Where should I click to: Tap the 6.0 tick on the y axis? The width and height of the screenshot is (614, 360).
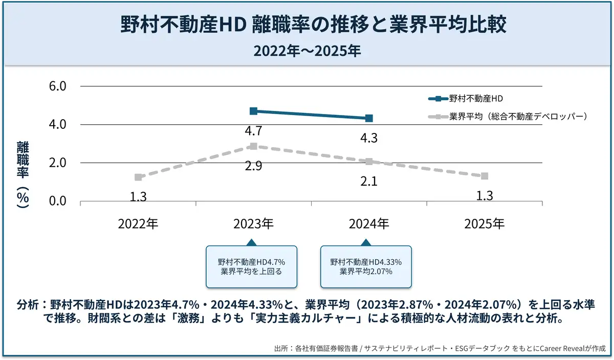click(57, 86)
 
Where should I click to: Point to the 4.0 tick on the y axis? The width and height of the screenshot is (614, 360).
click(57, 124)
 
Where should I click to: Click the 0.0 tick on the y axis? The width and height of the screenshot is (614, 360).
click(57, 201)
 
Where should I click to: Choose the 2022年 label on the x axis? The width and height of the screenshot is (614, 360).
click(138, 224)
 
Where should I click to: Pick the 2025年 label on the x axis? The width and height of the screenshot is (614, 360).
click(484, 224)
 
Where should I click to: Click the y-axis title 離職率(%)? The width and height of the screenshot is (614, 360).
click(23, 174)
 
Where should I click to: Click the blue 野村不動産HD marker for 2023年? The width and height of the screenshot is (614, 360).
click(253, 111)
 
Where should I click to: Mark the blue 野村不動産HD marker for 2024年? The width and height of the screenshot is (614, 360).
click(369, 118)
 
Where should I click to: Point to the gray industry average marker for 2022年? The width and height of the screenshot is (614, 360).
click(138, 177)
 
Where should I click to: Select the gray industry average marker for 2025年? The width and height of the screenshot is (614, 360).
click(484, 176)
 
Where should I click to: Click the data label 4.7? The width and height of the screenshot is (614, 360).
click(253, 131)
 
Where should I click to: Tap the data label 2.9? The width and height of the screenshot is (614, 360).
click(253, 166)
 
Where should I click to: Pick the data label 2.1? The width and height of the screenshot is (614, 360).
click(368, 181)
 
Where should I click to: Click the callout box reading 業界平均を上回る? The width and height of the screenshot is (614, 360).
click(251, 266)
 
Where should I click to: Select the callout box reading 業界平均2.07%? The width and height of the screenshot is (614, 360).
click(366, 266)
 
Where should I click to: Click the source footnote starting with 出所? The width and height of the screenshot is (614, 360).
click(440, 349)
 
